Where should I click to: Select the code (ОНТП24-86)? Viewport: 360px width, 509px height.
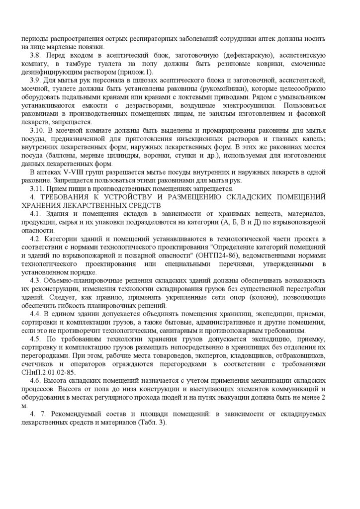coord(212,255)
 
